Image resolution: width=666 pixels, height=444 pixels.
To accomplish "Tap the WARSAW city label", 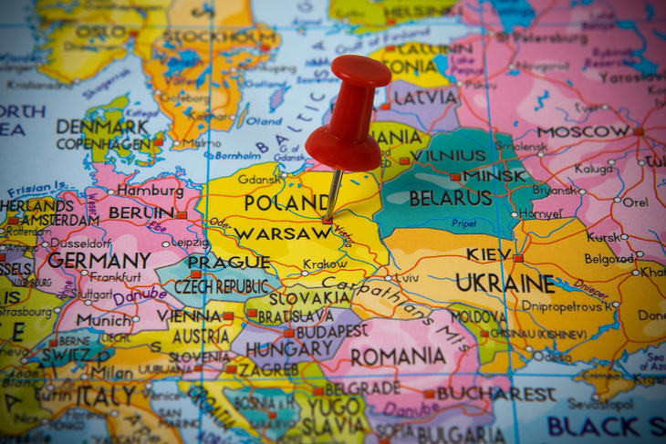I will click(282, 233).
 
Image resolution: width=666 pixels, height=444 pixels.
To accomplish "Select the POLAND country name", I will click(286, 202).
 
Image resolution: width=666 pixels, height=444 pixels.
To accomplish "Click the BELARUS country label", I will click(450, 198).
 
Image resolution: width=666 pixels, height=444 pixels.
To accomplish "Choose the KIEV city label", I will click(488, 254).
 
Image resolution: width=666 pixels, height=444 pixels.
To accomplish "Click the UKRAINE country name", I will click(505, 283).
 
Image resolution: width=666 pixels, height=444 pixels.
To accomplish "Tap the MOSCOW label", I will click(583, 131).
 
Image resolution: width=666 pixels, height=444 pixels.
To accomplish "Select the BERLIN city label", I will click(140, 213).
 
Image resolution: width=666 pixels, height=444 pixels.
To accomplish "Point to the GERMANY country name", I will click(99, 260).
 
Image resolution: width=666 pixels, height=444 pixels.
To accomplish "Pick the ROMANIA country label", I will click(398, 356).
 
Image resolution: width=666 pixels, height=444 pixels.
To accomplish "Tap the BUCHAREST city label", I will click(495, 395).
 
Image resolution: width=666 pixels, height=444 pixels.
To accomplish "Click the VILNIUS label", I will click(448, 156).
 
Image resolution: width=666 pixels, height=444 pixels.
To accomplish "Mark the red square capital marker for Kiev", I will click(517, 258).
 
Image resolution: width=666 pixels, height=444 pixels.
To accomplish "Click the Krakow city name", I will click(325, 264).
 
